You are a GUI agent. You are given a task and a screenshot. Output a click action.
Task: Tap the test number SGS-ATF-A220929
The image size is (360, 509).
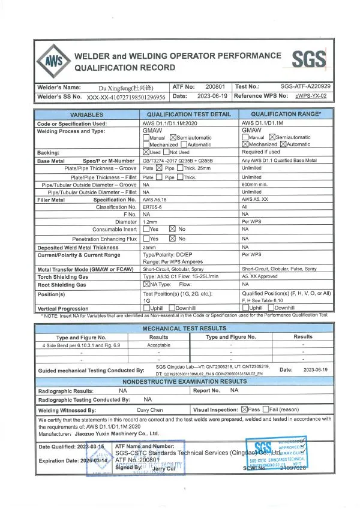[305, 87]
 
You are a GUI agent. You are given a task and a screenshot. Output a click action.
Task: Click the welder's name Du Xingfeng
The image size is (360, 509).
[125, 87]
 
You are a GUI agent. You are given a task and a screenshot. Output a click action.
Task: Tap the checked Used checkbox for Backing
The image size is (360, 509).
[146, 153]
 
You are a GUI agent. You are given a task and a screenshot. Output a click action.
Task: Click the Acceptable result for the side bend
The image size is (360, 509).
[158, 345]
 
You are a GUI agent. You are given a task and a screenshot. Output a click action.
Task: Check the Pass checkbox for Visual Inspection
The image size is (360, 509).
[245, 409]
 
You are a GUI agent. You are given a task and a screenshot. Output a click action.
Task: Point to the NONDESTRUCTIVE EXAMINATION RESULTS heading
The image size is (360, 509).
[184, 381]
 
